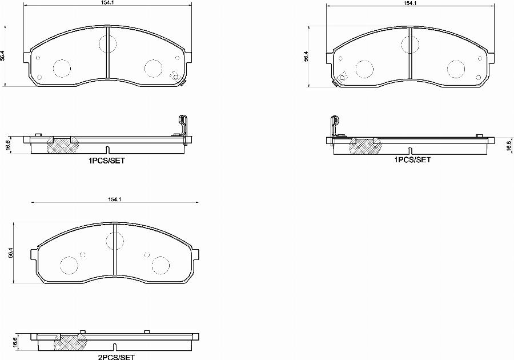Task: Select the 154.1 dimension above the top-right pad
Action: coord(409,3)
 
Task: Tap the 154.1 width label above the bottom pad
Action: coord(115,199)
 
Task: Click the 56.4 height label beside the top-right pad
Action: coord(306,56)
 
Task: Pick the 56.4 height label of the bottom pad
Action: coord(11,253)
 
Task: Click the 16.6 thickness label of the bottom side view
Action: coord(14,342)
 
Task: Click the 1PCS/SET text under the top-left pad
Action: coord(106,161)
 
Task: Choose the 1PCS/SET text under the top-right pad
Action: coord(412,160)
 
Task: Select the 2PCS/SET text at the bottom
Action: coord(116,357)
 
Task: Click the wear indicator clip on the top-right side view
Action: coord(334,126)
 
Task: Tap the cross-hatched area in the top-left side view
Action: coord(62,146)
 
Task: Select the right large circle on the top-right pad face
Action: coord(456,69)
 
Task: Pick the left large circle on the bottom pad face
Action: coord(69,266)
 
